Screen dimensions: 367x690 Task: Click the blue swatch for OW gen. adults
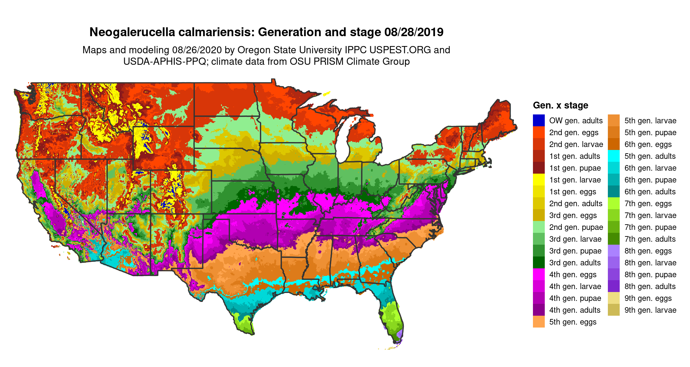539,120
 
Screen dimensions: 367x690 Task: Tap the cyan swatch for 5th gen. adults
614,156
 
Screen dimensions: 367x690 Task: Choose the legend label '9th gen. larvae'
650,310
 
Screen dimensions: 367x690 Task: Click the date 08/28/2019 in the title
414,32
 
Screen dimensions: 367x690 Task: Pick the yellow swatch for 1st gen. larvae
539,180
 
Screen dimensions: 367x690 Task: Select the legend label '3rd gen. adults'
575,263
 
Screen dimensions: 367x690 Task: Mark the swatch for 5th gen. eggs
539,322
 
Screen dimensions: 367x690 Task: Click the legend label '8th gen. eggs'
648,251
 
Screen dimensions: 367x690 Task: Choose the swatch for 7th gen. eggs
614,203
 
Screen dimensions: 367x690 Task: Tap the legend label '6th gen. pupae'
650,180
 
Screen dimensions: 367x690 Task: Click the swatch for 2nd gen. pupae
539,227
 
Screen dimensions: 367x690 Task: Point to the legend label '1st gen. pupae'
575,168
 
